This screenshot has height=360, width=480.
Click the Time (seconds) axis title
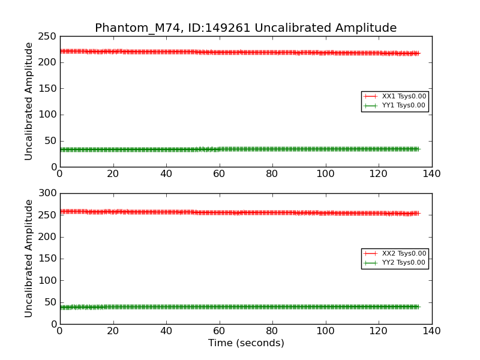coord(246,343)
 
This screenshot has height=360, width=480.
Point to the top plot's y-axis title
coord(29,101)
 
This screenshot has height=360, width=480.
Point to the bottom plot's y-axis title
coord(29,259)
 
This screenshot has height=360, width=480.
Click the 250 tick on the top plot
coord(48,37)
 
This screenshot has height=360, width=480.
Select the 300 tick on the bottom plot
coord(48,193)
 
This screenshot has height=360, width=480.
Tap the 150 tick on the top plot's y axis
coord(48,89)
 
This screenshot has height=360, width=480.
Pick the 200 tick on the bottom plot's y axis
coord(48,237)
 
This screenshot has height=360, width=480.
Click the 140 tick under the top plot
coord(431,174)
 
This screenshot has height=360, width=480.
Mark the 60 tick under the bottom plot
coord(219,331)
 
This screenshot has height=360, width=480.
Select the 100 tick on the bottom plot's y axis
coord(48,280)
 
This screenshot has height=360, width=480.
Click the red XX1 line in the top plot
coord(240,52)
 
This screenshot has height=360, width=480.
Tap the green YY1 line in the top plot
coord(240,149)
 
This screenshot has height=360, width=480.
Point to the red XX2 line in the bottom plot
coord(240,212)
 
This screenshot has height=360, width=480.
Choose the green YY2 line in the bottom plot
coord(240,307)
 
